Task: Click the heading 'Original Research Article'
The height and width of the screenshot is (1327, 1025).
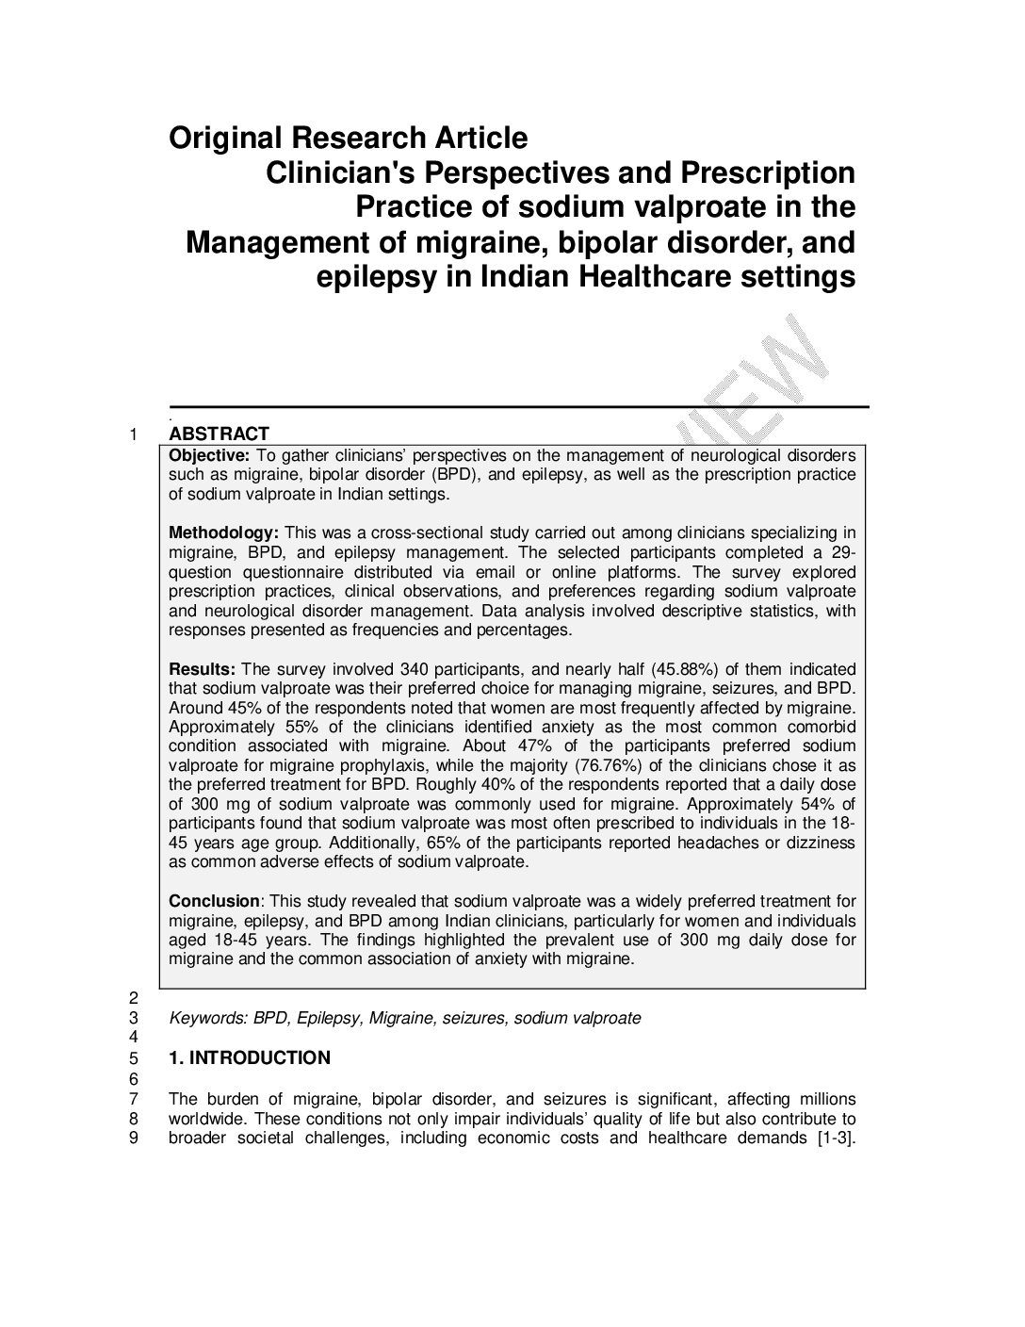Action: [348, 139]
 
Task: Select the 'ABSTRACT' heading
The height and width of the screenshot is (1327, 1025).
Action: [219, 434]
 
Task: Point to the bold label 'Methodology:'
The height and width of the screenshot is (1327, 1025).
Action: [223, 533]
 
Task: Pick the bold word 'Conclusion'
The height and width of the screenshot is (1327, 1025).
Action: [213, 901]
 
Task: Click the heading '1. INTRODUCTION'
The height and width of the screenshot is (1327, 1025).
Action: [250, 1057]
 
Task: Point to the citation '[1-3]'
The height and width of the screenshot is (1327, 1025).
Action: [836, 1138]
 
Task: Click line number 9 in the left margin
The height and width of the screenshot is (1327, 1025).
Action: [134, 1138]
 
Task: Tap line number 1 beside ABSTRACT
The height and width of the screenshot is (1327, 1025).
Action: [134, 434]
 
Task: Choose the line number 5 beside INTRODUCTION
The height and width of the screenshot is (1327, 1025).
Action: [134, 1057]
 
